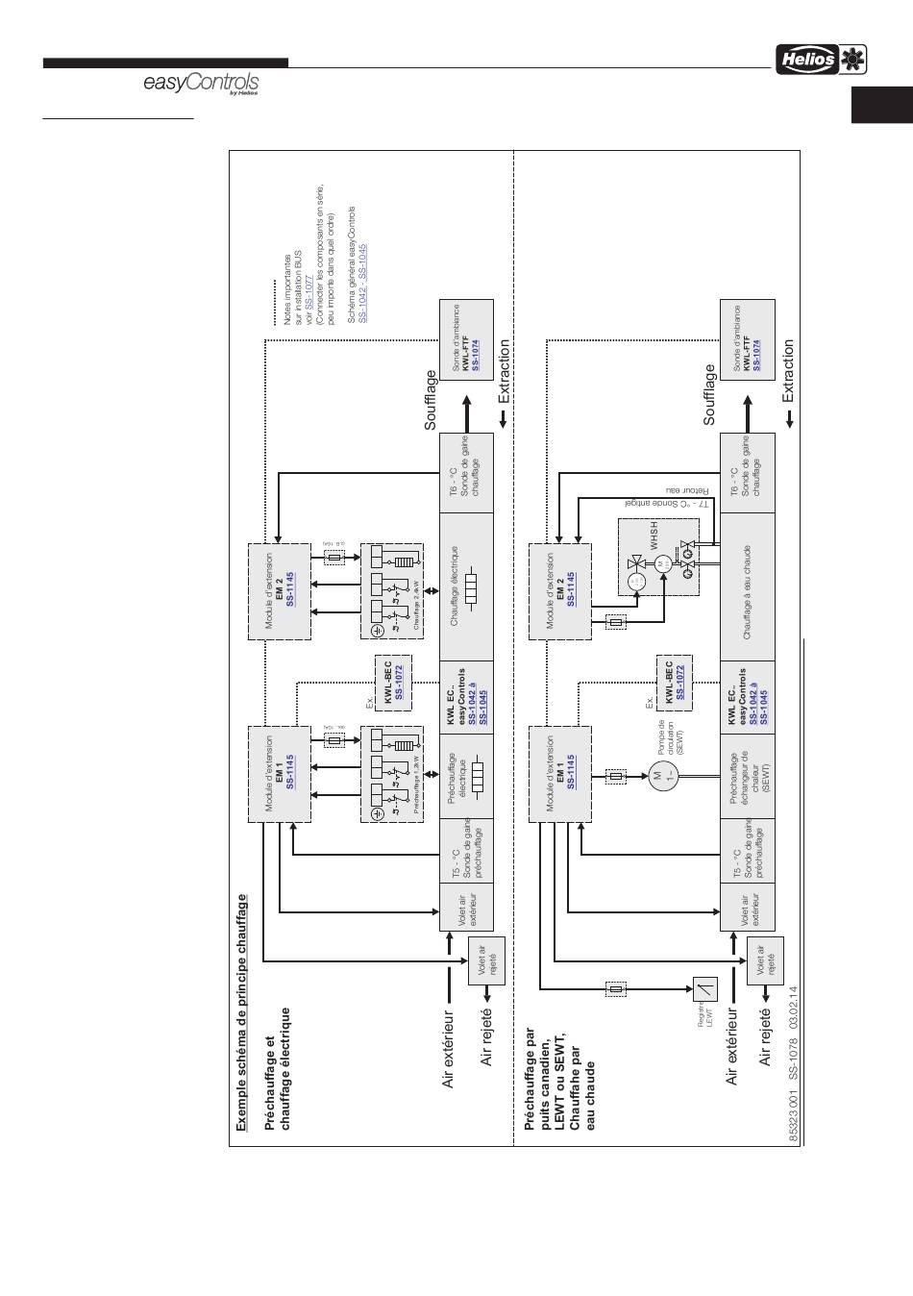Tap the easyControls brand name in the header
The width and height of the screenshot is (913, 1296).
[x=200, y=85]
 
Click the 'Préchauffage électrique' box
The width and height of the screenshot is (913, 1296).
[x=466, y=778]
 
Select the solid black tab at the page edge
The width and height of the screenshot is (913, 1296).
[x=881, y=105]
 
